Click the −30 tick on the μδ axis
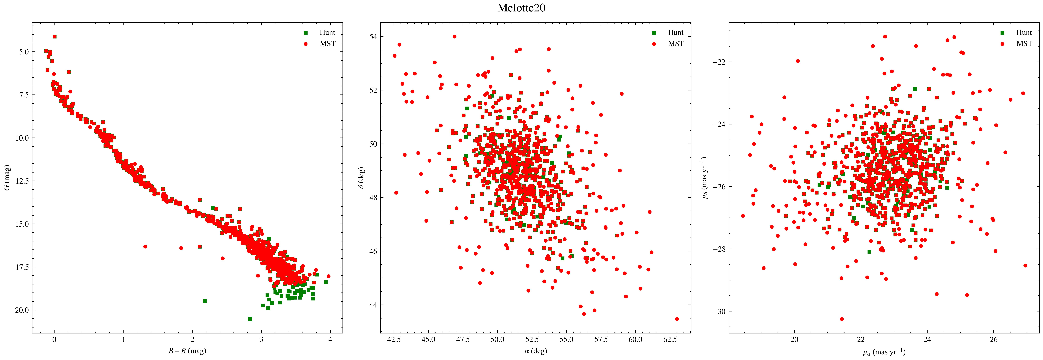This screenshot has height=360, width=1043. [x=720, y=311]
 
